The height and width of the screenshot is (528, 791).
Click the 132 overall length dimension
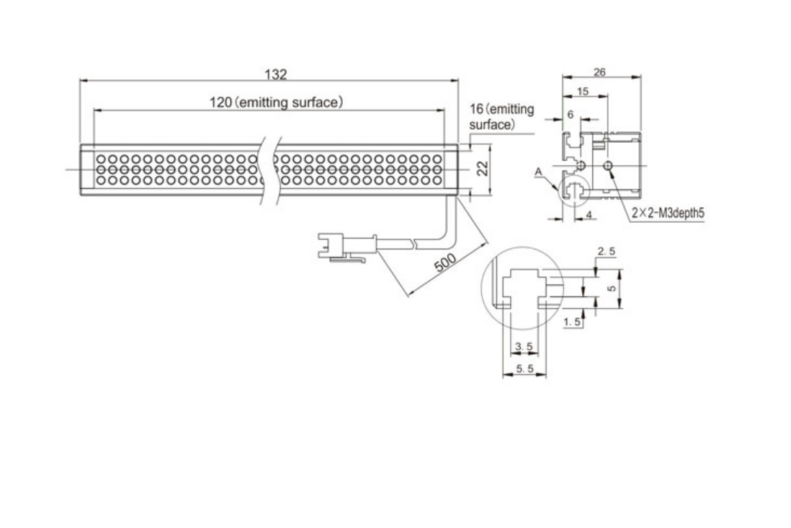(x=276, y=74)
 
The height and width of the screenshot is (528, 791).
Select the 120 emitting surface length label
(x=277, y=102)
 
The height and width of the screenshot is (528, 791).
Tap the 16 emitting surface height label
(x=501, y=117)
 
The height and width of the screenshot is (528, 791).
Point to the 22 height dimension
(x=483, y=168)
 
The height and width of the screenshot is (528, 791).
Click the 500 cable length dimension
(x=445, y=262)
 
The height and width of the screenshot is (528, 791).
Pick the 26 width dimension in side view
(x=599, y=72)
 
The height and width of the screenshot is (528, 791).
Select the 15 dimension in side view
(x=583, y=92)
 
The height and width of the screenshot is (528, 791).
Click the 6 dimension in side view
(x=570, y=115)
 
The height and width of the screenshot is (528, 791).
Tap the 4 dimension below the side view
(x=588, y=214)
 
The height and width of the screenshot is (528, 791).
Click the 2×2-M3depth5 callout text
(x=668, y=213)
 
